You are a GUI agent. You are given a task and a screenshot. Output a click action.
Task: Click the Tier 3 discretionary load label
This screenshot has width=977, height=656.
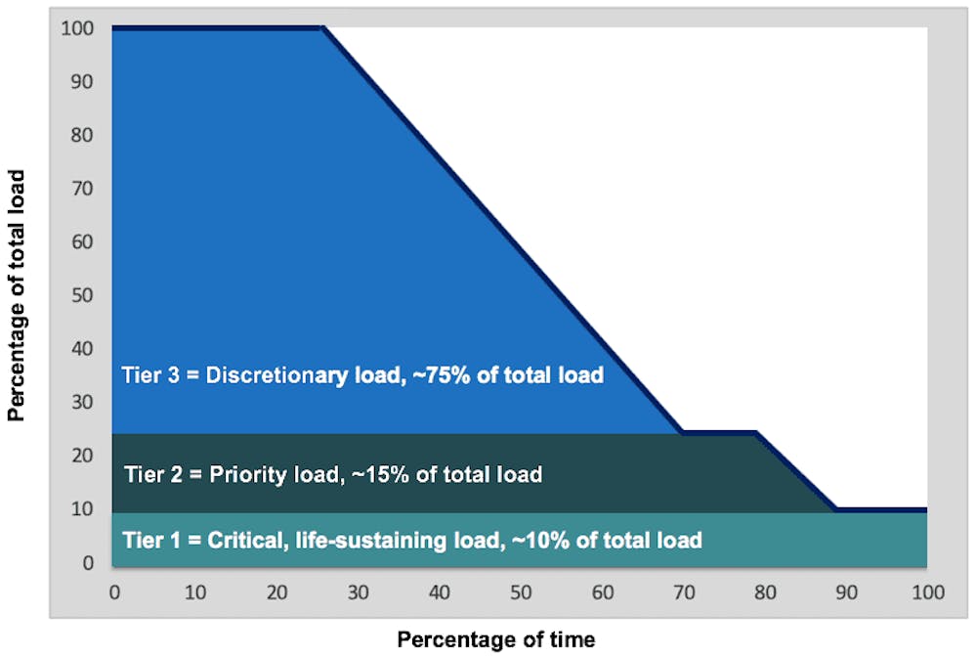361,374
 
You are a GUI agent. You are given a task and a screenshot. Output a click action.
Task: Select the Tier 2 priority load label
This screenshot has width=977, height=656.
333,475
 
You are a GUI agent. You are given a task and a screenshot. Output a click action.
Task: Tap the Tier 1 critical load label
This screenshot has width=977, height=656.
411,540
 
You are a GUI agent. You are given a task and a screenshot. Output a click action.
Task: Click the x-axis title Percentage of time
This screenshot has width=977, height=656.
495,639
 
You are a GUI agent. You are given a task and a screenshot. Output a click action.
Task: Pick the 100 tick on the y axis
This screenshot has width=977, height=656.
81,29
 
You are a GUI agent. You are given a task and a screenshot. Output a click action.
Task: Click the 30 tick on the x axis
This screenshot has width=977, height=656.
357,592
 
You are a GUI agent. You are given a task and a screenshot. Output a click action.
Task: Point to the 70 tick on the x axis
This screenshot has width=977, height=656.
682,592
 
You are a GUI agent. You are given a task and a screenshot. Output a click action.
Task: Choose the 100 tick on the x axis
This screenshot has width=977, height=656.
926,592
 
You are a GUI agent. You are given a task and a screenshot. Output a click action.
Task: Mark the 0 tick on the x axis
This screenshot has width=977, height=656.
113,592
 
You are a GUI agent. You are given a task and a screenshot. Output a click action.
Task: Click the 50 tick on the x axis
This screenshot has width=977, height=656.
520,592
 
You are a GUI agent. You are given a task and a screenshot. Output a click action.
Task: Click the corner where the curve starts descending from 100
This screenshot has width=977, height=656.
322,29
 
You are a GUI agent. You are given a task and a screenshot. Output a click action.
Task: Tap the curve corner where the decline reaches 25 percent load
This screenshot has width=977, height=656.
681,431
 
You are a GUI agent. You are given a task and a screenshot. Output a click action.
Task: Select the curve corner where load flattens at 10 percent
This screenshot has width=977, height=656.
836,509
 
